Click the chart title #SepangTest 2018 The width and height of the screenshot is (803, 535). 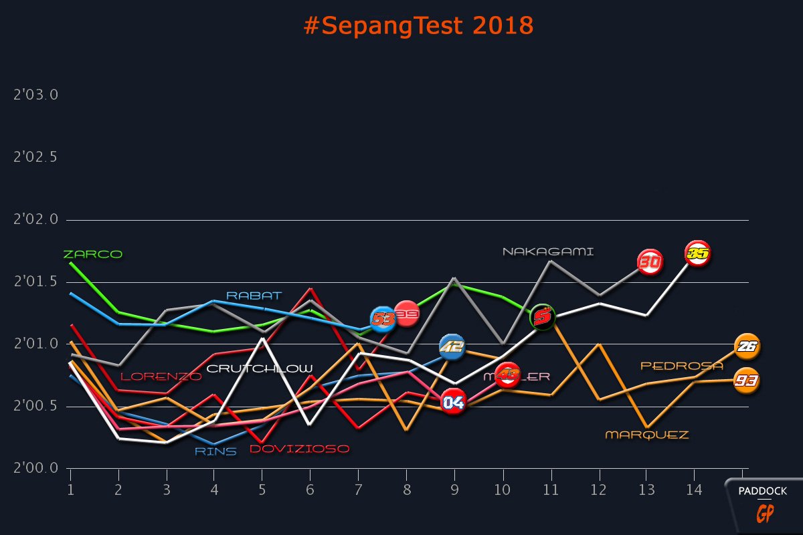418,26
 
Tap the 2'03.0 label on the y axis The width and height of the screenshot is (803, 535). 36,95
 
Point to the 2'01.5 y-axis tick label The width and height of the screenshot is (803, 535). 36,282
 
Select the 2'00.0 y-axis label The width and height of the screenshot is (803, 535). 36,468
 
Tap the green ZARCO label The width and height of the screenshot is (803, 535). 92,254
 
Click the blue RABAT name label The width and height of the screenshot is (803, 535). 254,296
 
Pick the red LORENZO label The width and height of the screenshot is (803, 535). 161,377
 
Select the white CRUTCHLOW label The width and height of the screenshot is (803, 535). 259,368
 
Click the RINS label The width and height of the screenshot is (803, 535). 215,451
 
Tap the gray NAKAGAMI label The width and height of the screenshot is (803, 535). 548,252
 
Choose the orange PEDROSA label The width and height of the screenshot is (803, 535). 682,366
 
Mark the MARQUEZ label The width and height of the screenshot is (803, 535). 646,435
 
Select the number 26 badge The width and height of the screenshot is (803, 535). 747,346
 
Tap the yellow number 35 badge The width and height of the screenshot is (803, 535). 697,254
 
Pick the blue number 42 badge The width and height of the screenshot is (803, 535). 452,346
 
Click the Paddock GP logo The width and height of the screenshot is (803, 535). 763,505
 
